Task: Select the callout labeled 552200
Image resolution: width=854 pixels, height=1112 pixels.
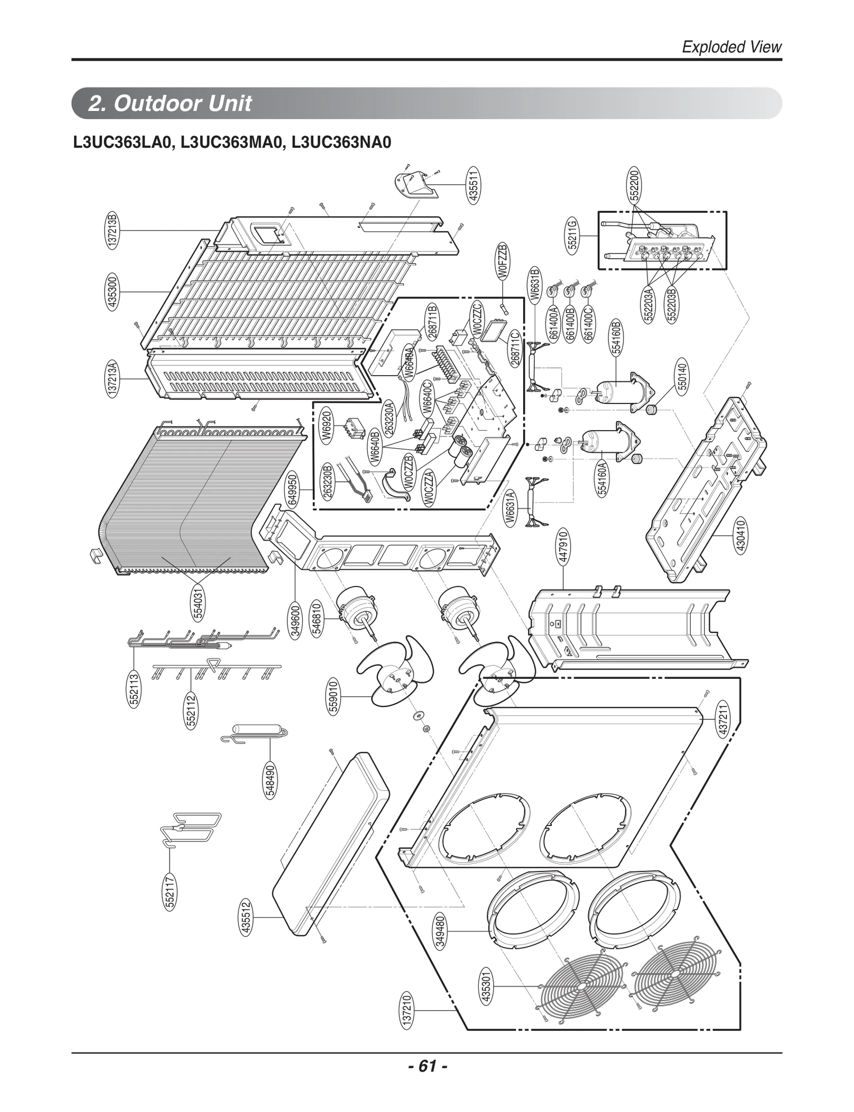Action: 635,184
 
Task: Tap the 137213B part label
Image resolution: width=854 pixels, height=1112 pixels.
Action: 113,230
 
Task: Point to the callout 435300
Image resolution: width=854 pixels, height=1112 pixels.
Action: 113,292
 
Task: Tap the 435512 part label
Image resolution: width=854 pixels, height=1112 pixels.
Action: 246,917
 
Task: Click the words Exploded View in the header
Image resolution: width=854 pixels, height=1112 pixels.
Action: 731,47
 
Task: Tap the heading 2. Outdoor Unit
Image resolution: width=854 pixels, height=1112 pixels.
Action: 170,104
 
